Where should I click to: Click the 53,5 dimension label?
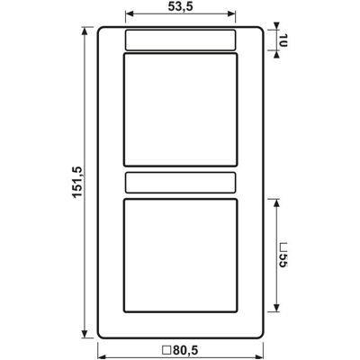coord(180,7)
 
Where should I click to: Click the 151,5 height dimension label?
coord(77,182)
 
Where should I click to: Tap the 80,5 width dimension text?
coord(186,350)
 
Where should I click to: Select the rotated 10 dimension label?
coord(283,40)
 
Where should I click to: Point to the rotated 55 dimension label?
coord(283,260)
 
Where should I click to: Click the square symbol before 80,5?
coord(166,350)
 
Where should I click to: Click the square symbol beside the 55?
coord(283,247)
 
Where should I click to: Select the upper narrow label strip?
coord(180,40)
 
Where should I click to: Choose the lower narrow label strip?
coord(180,183)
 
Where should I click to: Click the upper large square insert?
coord(180,110)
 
